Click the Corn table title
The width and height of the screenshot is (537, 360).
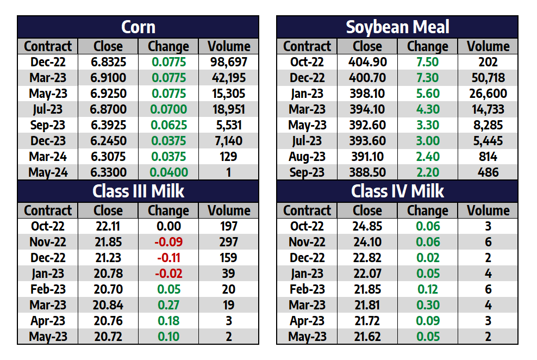138,27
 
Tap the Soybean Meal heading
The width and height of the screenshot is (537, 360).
397,27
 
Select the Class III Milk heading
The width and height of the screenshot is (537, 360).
138,191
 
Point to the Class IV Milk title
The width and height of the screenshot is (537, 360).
397,191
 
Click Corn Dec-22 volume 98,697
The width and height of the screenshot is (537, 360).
229,62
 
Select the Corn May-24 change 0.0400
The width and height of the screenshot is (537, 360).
168,172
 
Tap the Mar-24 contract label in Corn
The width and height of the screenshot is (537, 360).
48,157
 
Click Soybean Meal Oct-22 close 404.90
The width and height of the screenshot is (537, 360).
367,62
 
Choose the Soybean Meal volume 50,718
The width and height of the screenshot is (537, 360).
488,78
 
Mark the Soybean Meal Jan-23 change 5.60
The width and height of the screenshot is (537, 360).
427,94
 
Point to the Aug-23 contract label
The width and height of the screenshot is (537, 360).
307,157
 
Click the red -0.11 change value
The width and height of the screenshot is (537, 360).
168,258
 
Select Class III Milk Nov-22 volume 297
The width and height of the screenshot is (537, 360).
229,242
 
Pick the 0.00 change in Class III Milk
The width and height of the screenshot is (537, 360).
168,226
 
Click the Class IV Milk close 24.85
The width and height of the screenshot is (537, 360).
367,226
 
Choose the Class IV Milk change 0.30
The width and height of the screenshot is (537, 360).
427,305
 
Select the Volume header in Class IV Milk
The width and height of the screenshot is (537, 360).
488,210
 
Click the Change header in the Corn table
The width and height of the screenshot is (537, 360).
168,46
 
